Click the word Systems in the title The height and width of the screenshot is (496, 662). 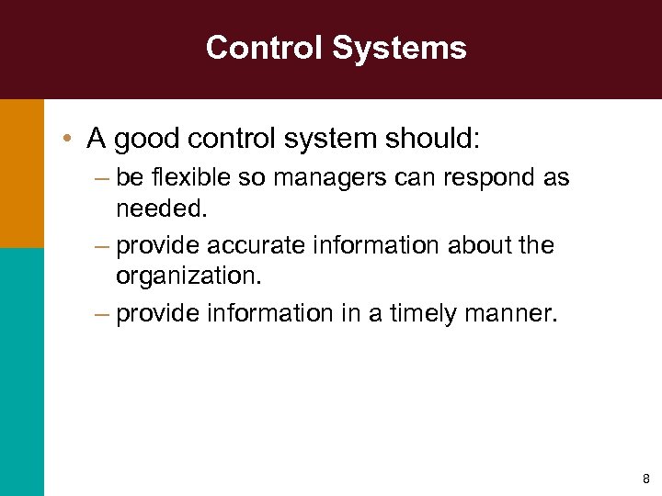pos(401,48)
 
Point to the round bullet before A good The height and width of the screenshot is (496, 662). pos(69,140)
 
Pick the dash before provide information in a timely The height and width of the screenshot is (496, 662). pos(100,314)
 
